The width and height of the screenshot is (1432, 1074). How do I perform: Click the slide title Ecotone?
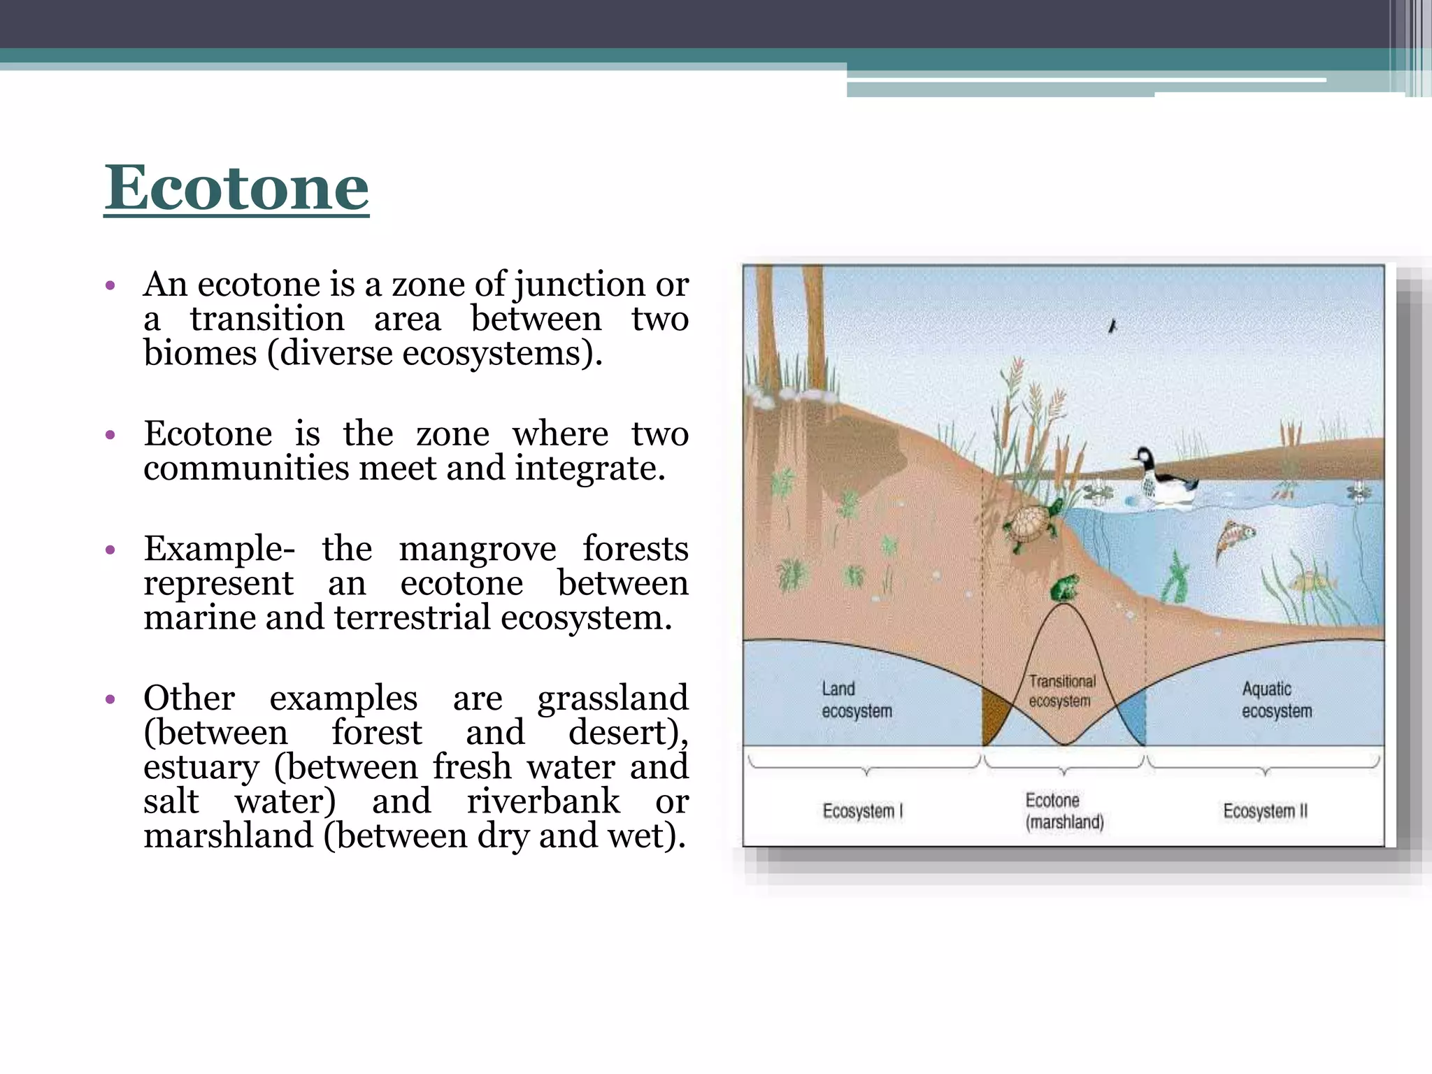point(236,187)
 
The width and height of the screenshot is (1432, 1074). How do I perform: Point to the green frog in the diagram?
point(1064,588)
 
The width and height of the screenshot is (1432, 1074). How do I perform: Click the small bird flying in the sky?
point(1112,326)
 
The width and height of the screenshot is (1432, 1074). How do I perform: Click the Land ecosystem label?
point(856,700)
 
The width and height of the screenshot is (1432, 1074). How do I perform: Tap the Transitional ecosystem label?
point(1061,691)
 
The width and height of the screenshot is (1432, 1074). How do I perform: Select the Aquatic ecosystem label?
point(1276,700)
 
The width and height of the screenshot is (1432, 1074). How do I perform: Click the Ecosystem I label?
point(862,811)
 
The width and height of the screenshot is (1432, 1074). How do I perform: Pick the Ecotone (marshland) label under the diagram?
point(1064,811)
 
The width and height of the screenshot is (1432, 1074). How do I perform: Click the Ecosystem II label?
point(1264,811)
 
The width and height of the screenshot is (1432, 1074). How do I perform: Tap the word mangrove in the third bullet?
point(477,548)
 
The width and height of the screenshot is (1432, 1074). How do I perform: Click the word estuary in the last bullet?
point(201,767)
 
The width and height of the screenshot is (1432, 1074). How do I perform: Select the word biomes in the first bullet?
point(200,353)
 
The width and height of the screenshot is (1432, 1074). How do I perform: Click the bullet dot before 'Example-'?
point(110,550)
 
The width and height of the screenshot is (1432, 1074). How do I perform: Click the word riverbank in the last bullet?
point(543,801)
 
